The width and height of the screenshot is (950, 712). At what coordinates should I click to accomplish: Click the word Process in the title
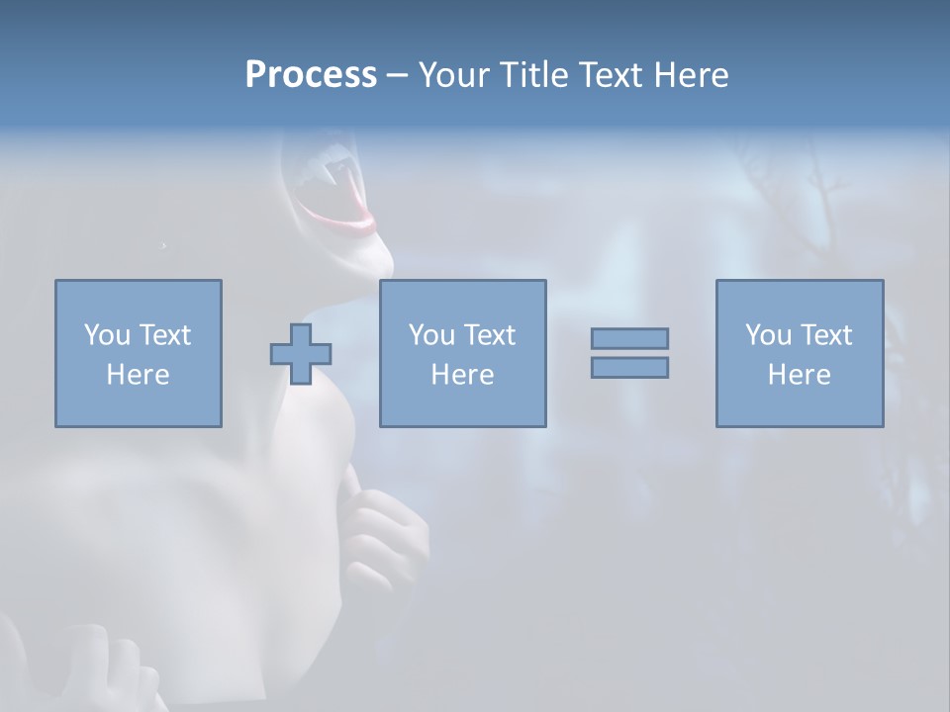[x=311, y=75]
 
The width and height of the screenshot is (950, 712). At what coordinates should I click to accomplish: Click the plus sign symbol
[x=301, y=354]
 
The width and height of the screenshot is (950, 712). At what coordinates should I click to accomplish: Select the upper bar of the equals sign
[x=629, y=338]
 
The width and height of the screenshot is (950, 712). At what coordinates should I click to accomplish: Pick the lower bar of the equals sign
[x=629, y=367]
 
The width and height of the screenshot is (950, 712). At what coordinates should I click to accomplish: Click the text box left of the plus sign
[x=139, y=354]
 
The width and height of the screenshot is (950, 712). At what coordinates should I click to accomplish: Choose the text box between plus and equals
[x=463, y=354]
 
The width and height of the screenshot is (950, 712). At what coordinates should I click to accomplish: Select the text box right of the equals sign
[x=800, y=354]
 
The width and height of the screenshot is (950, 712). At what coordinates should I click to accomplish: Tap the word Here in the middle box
[x=463, y=375]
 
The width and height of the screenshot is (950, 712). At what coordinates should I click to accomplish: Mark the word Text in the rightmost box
[x=826, y=335]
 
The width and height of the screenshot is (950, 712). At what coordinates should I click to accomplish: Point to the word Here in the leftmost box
[x=139, y=375]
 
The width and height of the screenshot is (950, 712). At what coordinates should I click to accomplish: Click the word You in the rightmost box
[x=768, y=335]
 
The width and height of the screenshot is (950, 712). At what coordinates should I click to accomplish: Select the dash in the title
[x=397, y=75]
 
